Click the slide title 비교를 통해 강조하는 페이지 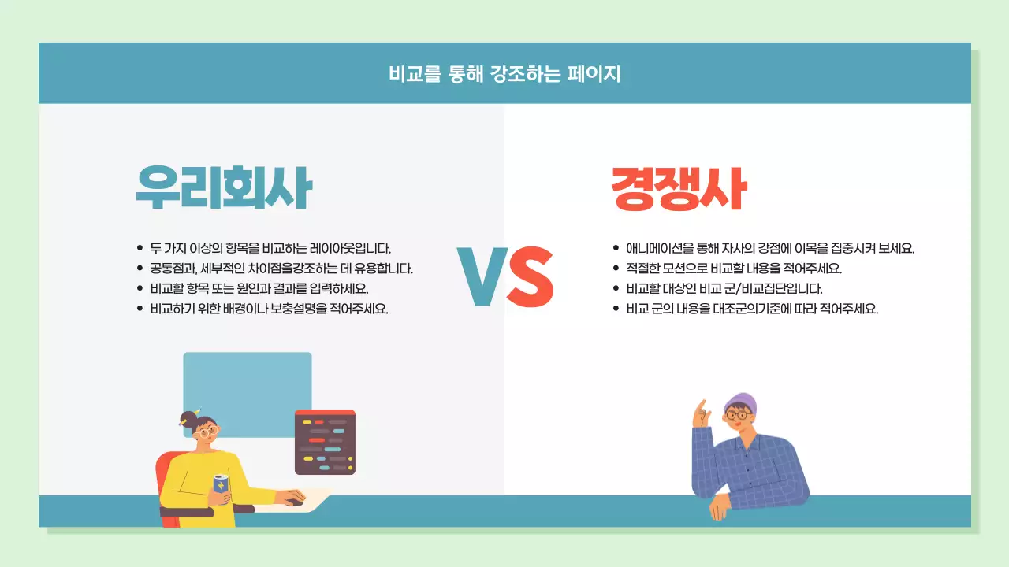tap(504, 74)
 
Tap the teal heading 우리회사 tap(223, 187)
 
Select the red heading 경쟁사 tap(679, 190)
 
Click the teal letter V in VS tap(481, 276)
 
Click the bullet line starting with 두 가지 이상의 tap(270, 247)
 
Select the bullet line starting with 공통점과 tap(281, 268)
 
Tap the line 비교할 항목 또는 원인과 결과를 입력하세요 tap(259, 288)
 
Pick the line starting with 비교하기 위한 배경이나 tap(269, 309)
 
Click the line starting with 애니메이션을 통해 tap(770, 247)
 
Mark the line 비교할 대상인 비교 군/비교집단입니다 tap(724, 288)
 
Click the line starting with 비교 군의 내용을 tap(751, 309)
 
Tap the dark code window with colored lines tap(325, 443)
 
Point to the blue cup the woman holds tap(221, 484)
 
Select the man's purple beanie tap(741, 402)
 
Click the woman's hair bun tap(188, 418)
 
